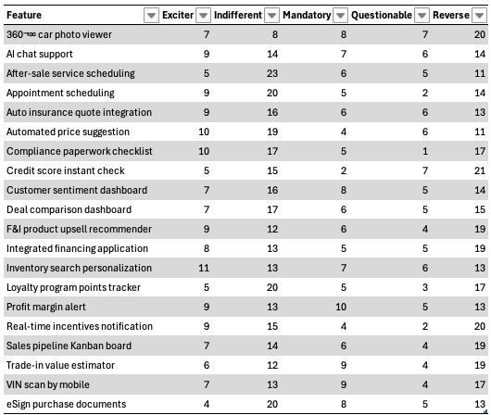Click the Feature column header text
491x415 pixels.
24,15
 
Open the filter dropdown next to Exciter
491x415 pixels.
203,15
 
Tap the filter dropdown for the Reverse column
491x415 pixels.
479,15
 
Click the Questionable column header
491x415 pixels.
382,15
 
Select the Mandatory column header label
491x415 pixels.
307,15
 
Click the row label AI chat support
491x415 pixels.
40,54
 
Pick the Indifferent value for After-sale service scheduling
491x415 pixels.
272,73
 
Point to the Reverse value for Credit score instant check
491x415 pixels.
480,170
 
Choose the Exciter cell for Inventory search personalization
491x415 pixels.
204,268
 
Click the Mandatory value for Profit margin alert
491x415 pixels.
341,307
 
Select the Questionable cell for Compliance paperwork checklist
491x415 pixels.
425,151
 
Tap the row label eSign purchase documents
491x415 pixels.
67,404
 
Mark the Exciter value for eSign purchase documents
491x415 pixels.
207,404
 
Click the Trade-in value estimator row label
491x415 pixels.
60,365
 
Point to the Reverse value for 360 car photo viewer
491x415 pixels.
480,34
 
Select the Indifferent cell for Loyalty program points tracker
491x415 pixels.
272,287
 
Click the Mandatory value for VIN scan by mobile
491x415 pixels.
344,384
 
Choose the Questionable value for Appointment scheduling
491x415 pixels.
425,93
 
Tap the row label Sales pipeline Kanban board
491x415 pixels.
69,346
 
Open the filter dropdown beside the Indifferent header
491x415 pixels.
271,15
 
